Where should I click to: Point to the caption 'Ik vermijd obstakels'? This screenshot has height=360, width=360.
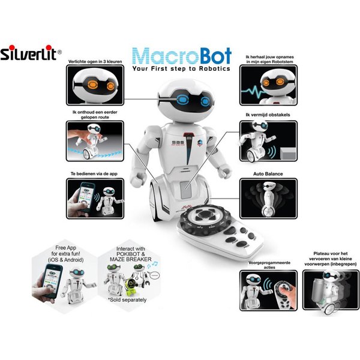(x=263, y=114)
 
